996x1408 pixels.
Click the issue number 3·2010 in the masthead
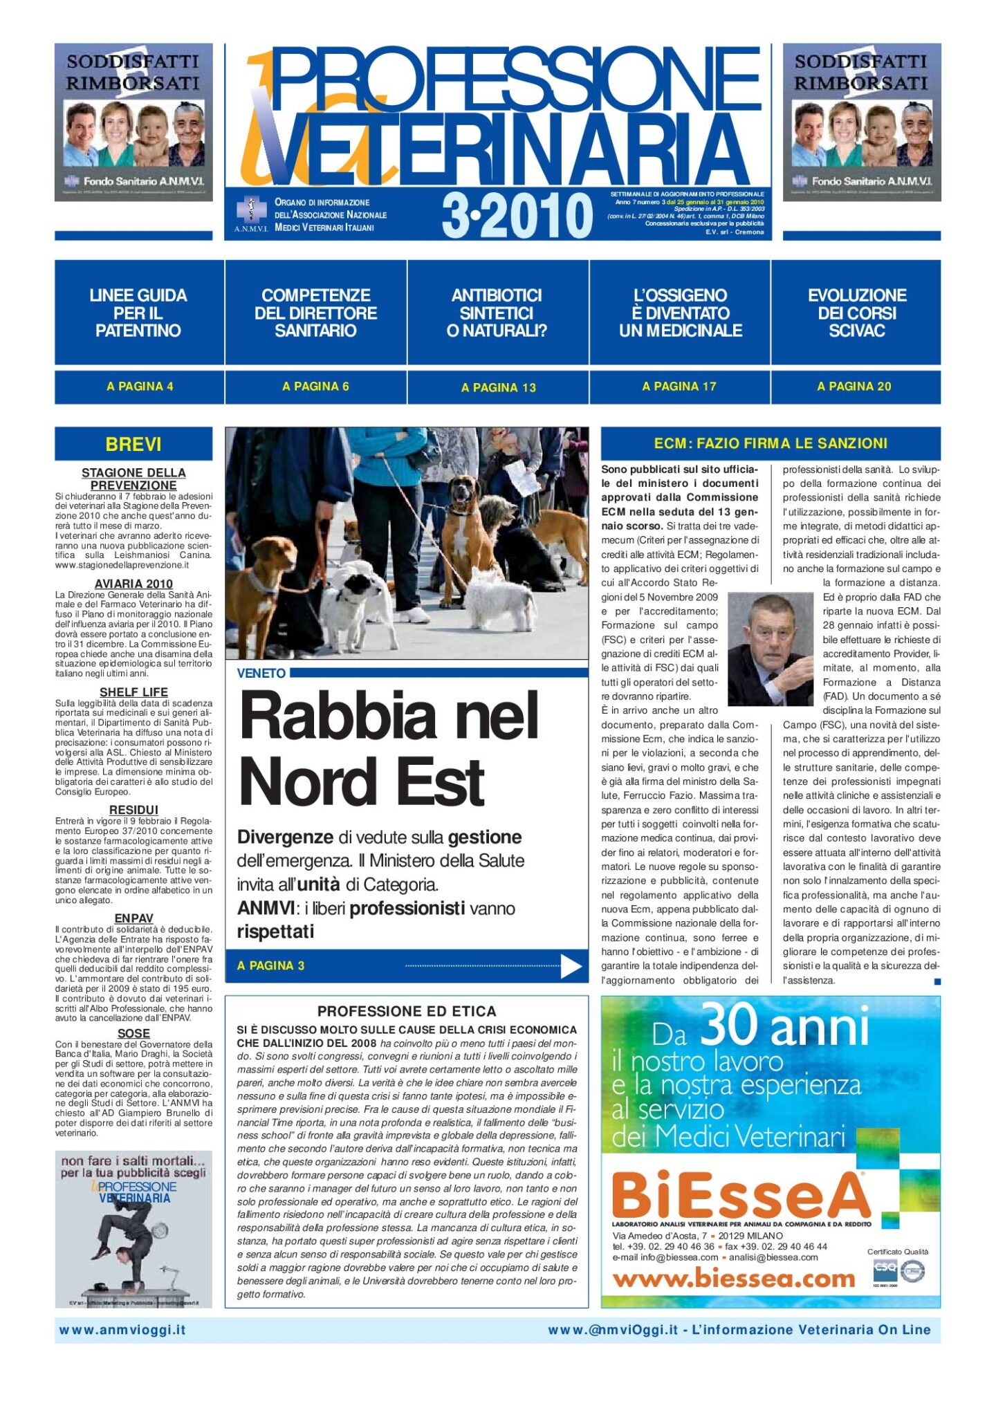coord(517,215)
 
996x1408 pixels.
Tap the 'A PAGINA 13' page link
coord(498,387)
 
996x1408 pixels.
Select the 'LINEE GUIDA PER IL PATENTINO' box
coord(138,313)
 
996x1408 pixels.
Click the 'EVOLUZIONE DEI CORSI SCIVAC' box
coord(856,313)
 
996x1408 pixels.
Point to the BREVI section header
coord(133,444)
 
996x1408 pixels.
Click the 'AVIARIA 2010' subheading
coord(133,584)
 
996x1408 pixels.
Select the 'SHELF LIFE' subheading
coord(133,692)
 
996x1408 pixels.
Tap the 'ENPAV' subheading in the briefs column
coord(133,918)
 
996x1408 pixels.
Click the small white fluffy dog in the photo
coord(499,596)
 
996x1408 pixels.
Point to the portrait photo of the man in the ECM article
coord(770,648)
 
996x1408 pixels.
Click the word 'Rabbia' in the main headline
coord(324,716)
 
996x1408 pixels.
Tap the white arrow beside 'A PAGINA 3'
coord(571,965)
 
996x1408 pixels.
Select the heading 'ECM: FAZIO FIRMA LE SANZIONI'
coord(770,443)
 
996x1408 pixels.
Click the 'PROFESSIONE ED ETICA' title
coord(407,1011)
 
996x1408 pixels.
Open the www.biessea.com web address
coord(733,1279)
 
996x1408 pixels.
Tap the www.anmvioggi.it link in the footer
coord(122,1329)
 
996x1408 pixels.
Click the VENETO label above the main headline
coord(261,673)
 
